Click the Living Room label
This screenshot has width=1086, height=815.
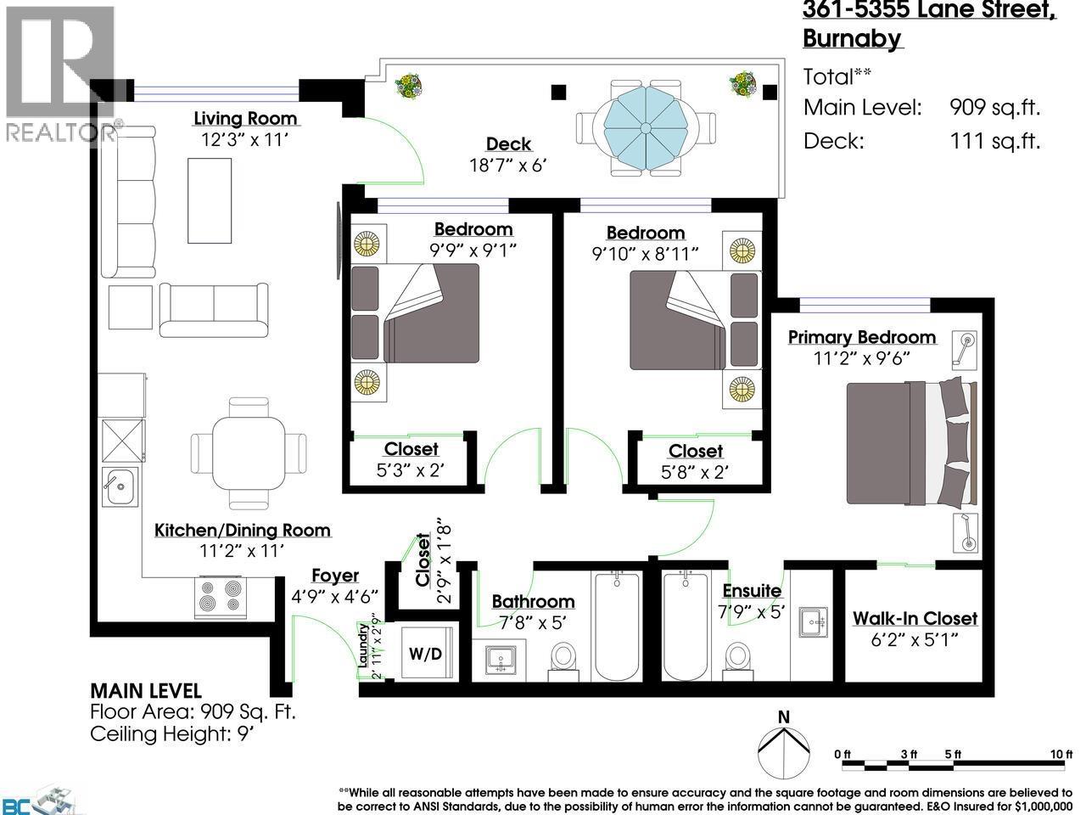(x=245, y=118)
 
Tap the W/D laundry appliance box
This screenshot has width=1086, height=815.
(x=425, y=654)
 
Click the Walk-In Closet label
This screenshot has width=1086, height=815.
(x=915, y=619)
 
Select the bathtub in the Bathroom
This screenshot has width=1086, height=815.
(x=617, y=627)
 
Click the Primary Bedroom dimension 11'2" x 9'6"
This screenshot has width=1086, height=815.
(x=861, y=358)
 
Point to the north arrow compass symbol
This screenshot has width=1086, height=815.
(x=782, y=748)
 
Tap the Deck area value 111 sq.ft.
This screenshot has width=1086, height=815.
(x=994, y=141)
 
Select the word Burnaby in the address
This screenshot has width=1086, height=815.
(x=852, y=39)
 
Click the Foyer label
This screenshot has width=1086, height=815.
(x=334, y=576)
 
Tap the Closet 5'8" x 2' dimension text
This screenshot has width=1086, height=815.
(x=696, y=472)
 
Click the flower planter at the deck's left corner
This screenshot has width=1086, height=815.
(x=409, y=85)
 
